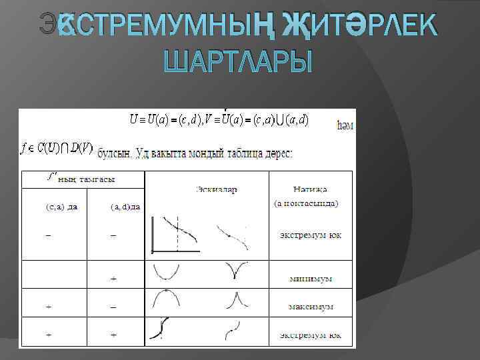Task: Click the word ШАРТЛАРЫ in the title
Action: click(239, 63)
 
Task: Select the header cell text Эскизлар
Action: click(217, 189)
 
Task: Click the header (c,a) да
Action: click(61, 207)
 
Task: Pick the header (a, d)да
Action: click(125, 207)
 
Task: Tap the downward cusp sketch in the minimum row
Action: click(233, 270)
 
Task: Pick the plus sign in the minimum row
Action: click(113, 278)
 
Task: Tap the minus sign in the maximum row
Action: click(113, 307)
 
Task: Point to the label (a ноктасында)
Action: click(307, 203)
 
